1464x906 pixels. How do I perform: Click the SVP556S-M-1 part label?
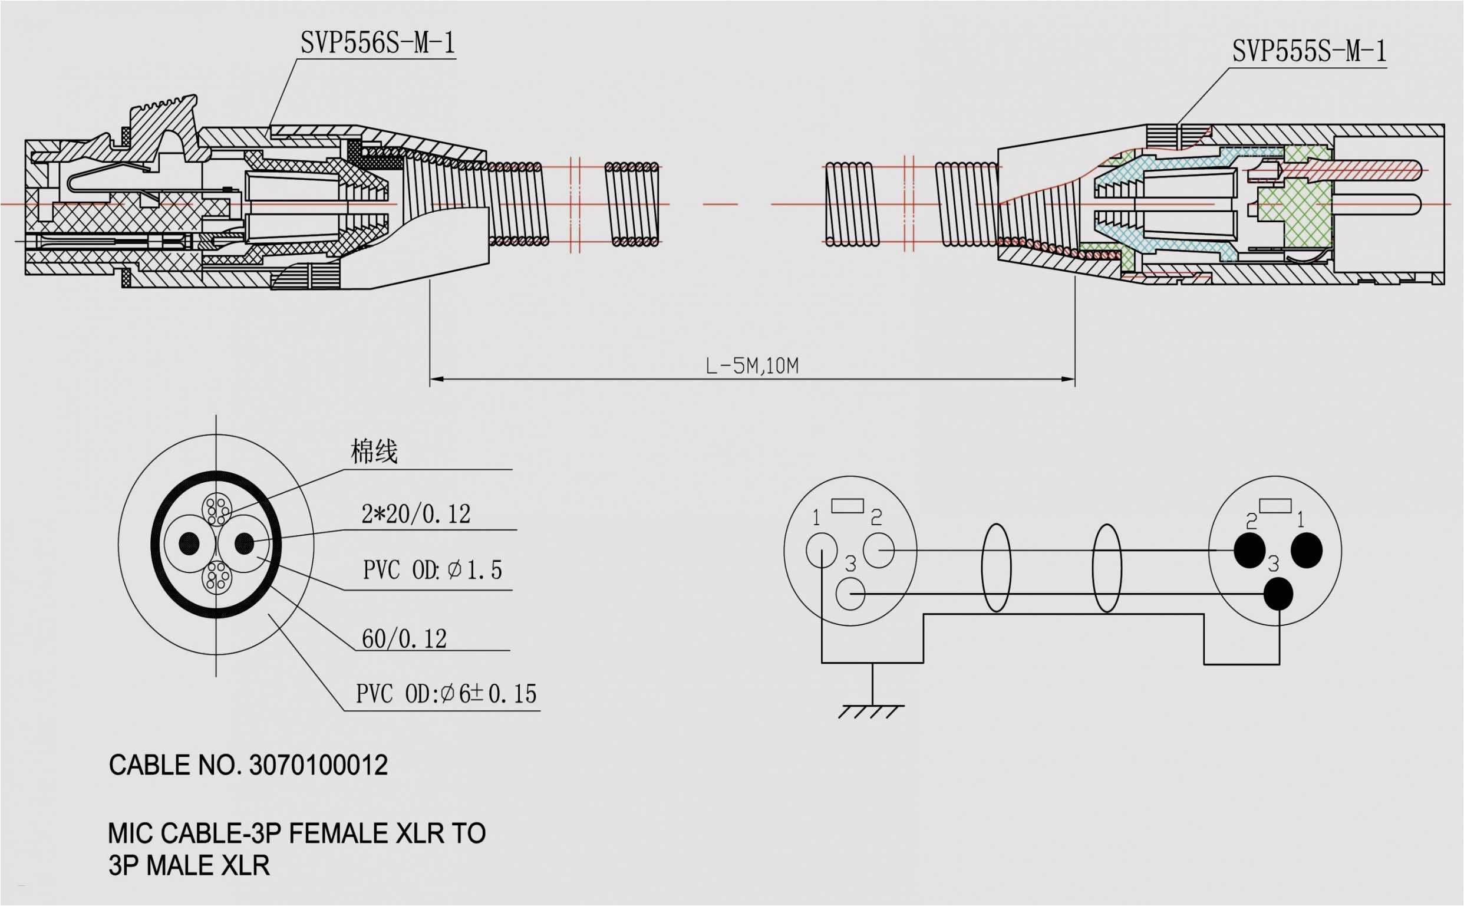tap(377, 42)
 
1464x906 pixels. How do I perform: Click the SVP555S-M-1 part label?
tap(1308, 51)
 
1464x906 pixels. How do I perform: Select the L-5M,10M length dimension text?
tap(752, 365)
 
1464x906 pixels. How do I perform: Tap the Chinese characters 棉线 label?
tap(374, 451)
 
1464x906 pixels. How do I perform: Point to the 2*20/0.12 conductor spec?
tap(416, 514)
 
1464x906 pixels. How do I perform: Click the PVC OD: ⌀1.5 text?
tap(432, 570)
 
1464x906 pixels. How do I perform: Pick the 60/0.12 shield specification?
tap(404, 639)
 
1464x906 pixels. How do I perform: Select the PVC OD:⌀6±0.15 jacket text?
tap(446, 694)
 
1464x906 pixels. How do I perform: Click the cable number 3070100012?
tap(318, 765)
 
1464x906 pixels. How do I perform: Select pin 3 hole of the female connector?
tap(850, 594)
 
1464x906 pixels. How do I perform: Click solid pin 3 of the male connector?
tap(1278, 593)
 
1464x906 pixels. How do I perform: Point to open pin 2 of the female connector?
tap(878, 550)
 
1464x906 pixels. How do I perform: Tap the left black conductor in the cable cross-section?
tap(189, 543)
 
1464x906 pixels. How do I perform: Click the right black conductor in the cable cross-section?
tap(244, 543)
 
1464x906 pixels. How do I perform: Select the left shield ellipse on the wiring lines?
tap(995, 568)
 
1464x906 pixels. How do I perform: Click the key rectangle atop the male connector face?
tap(1275, 506)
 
